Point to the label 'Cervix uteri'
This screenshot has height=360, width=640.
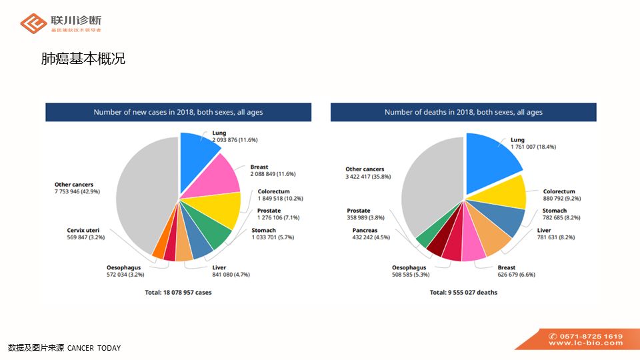[x=83, y=230]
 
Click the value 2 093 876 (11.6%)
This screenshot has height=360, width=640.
[x=235, y=140]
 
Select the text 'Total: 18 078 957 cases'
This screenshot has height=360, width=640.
[x=178, y=292]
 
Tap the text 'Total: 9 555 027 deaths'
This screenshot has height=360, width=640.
[x=463, y=292]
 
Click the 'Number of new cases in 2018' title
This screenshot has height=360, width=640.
[x=178, y=112]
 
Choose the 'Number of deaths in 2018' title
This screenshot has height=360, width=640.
[x=463, y=112]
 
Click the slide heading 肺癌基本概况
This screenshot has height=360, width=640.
[x=83, y=59]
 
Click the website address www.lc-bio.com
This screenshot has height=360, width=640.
[x=586, y=343]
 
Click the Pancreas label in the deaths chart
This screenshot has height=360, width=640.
[x=365, y=230]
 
